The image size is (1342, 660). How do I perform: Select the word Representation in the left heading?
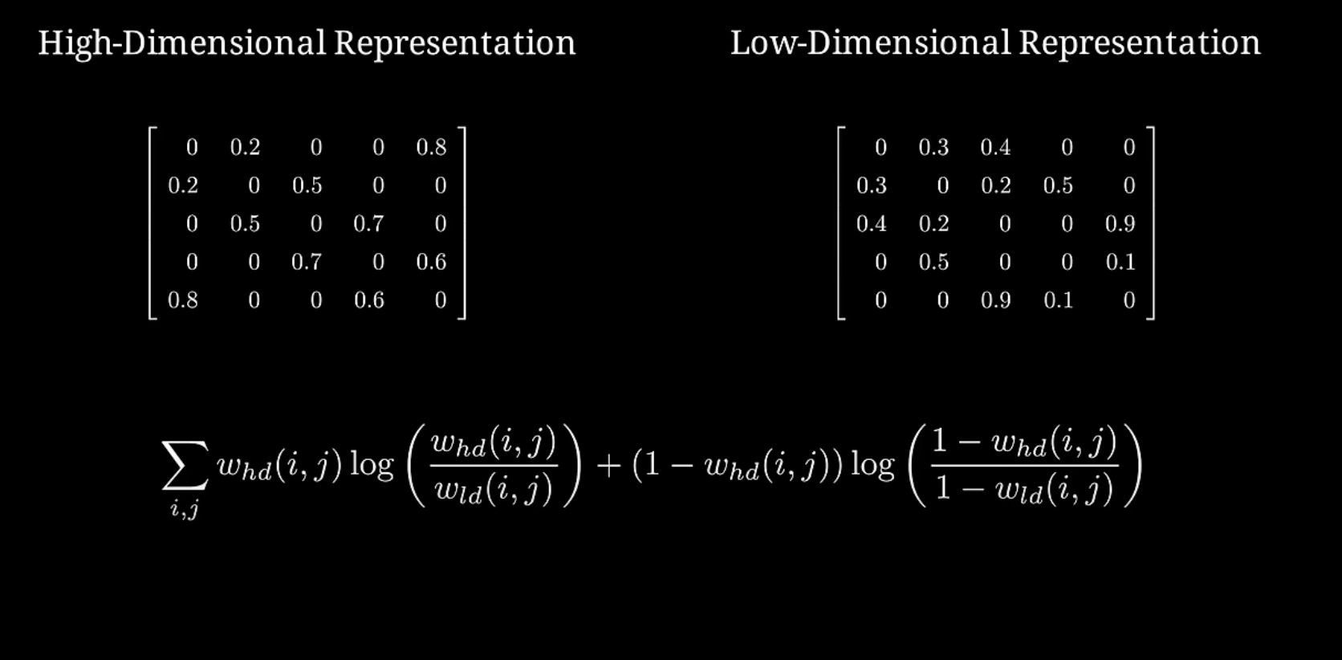(454, 43)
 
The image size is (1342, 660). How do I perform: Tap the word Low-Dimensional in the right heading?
(870, 43)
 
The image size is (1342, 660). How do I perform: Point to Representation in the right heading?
(1140, 43)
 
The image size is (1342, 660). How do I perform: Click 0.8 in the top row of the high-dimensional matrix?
(431, 148)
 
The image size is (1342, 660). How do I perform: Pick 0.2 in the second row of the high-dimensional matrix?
(183, 186)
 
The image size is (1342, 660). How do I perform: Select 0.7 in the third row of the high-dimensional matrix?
(368, 224)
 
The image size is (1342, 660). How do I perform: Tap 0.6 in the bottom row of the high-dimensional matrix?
(368, 300)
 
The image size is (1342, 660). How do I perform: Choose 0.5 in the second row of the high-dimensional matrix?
(307, 186)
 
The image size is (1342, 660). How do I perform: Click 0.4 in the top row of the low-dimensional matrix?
(995, 148)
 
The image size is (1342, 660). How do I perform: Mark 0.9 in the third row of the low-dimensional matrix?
(1120, 224)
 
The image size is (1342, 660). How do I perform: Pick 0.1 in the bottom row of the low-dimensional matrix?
(1058, 300)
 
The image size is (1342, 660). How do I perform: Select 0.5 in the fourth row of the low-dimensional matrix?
(933, 263)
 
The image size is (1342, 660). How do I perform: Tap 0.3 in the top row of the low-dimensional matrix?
(933, 148)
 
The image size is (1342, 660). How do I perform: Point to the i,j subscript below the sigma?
(185, 509)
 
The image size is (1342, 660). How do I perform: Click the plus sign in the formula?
(608, 466)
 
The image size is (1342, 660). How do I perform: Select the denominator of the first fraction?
(494, 489)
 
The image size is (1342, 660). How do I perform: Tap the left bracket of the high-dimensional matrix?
(152, 223)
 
